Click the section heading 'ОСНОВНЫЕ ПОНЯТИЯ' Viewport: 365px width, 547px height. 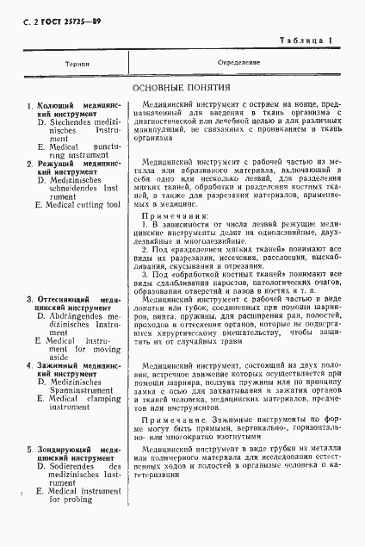(182, 89)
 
